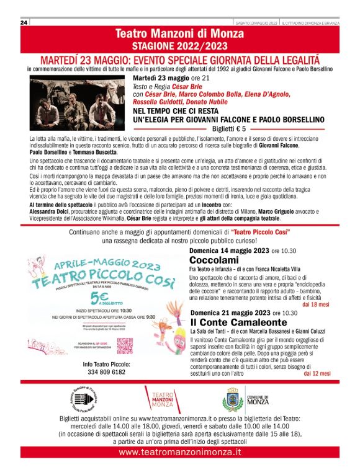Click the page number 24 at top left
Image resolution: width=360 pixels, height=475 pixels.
24,22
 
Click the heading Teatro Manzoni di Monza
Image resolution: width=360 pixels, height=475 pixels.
179,33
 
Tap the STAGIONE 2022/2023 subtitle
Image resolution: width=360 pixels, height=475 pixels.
179,46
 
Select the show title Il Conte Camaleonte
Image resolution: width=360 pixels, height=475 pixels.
229,323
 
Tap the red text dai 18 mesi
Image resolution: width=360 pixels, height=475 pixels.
317,305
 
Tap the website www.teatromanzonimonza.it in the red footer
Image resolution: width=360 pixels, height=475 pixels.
179,453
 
